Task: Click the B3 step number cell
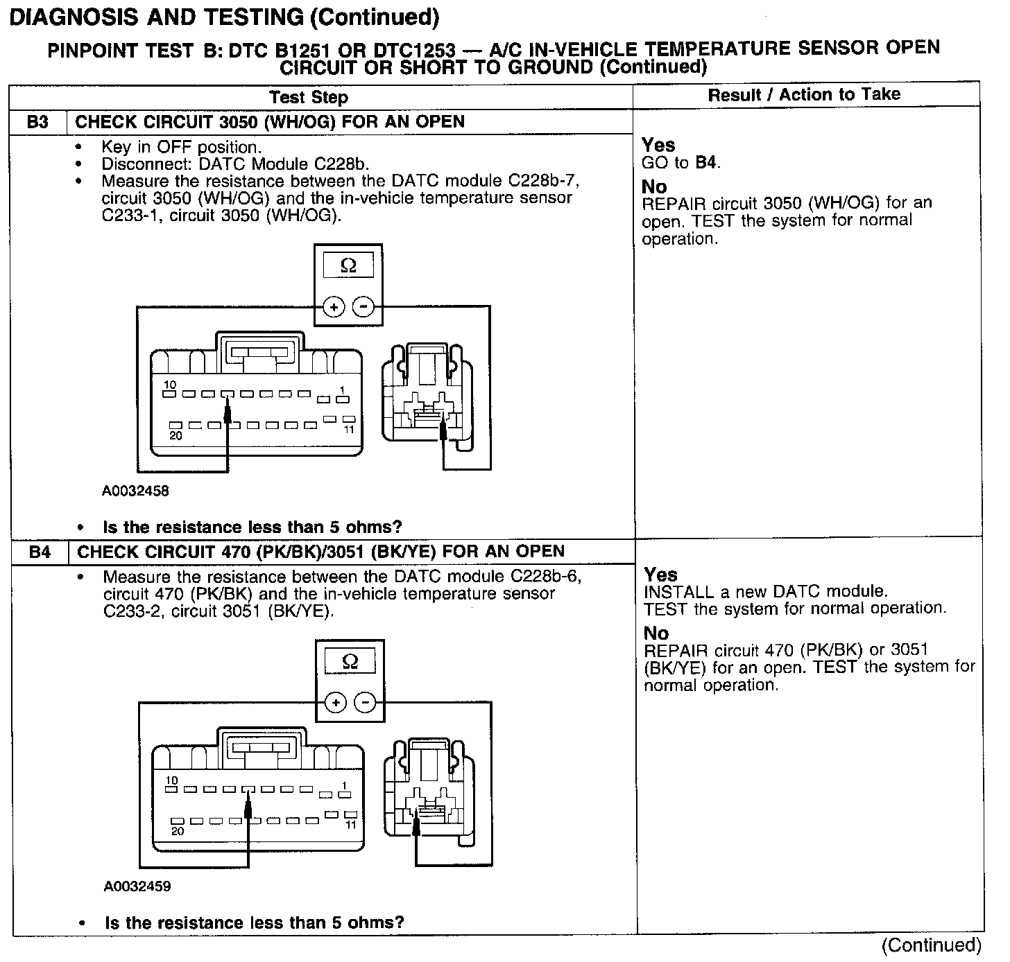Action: point(37,122)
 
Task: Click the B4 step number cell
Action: point(40,552)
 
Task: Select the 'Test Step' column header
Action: point(308,97)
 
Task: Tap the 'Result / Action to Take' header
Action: point(804,94)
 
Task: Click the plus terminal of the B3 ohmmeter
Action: point(334,306)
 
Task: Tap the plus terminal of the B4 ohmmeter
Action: point(336,703)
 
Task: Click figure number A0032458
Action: point(135,491)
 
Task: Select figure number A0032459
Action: point(137,886)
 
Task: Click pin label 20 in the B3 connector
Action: point(176,436)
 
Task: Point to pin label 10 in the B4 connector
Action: point(171,781)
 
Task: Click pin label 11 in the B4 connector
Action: point(351,825)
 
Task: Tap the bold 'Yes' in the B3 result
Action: point(658,145)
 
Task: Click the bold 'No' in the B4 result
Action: point(656,633)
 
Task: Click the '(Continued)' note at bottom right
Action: point(931,945)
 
